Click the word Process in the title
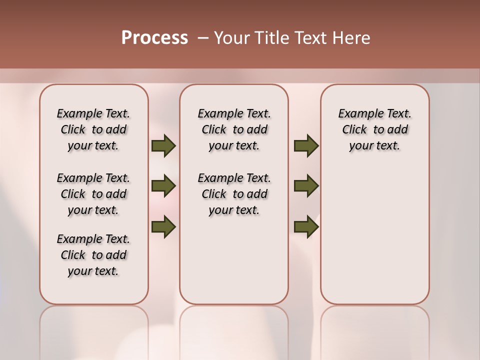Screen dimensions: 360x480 click(154, 38)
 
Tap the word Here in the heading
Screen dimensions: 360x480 click(351, 38)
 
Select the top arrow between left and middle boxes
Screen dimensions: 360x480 click(163, 146)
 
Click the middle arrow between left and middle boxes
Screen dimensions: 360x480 click(163, 186)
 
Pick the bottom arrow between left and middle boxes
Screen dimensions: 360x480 click(163, 226)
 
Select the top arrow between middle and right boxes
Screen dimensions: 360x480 click(306, 146)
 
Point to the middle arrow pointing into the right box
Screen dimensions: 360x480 click(306, 186)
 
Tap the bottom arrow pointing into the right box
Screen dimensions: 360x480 click(306, 226)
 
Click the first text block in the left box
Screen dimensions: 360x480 click(93, 129)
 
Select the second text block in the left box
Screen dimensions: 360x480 click(93, 194)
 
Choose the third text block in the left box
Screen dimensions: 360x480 click(93, 255)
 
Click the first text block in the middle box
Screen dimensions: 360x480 click(234, 129)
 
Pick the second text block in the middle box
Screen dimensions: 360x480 click(234, 194)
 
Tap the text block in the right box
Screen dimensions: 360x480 click(374, 129)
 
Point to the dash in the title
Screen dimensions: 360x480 click(203, 38)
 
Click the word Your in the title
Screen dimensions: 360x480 click(230, 38)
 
